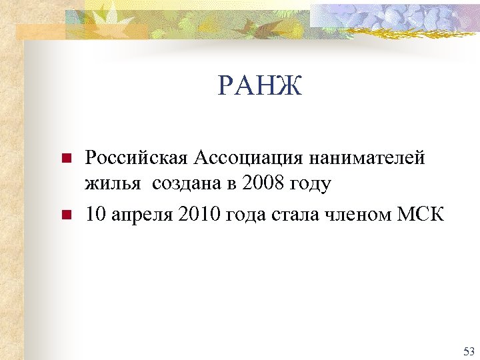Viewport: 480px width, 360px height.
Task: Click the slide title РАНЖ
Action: click(x=260, y=85)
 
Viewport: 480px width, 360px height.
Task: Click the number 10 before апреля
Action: click(x=95, y=215)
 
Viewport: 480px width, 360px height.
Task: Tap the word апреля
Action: click(x=142, y=216)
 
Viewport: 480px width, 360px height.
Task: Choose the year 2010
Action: click(x=203, y=215)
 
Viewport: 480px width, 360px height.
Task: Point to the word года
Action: click(x=251, y=216)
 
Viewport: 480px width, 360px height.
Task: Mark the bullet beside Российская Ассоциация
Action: click(x=65, y=159)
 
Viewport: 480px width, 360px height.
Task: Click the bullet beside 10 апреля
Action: click(x=65, y=215)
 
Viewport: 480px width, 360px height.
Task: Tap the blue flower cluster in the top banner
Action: click(x=387, y=19)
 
